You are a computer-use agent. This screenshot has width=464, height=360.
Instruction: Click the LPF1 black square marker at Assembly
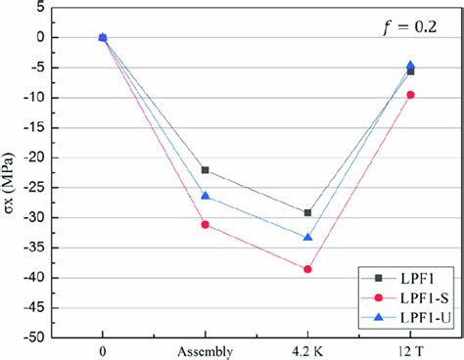(205, 170)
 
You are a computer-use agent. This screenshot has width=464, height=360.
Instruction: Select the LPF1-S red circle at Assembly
(205, 225)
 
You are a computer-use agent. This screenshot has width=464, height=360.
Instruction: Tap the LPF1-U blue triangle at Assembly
(205, 196)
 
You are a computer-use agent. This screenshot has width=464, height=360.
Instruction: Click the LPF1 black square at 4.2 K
(307, 212)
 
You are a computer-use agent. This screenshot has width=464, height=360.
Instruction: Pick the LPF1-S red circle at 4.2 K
(307, 269)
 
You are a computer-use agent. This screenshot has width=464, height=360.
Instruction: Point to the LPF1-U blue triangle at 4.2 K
(307, 237)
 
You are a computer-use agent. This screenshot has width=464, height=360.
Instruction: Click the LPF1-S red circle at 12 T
(410, 95)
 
